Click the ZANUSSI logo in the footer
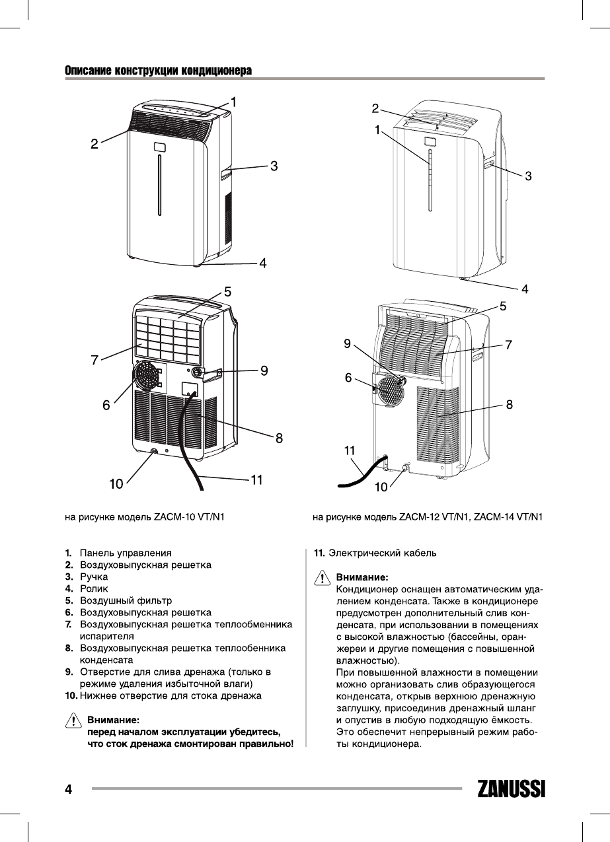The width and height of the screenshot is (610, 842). coord(511,790)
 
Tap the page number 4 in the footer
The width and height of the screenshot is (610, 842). coord(67,789)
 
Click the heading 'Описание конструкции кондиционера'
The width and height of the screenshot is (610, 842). coord(159,71)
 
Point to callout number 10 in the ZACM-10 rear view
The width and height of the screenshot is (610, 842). coord(116,484)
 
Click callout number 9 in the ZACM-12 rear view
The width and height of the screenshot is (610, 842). coord(348,343)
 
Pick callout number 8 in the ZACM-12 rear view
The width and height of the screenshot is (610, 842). coord(510,405)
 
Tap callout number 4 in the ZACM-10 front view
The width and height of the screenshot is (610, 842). coord(262,263)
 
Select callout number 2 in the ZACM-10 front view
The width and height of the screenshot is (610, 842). coord(95,143)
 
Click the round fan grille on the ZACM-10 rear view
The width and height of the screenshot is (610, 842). coord(147,381)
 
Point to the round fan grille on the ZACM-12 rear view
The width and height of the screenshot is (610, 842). coord(389,395)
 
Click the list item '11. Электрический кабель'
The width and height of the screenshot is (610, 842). coord(374,552)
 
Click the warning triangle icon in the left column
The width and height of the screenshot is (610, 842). coord(73,720)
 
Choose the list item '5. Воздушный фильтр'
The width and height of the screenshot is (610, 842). coord(118,601)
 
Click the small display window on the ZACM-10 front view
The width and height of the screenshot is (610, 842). coord(159,147)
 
